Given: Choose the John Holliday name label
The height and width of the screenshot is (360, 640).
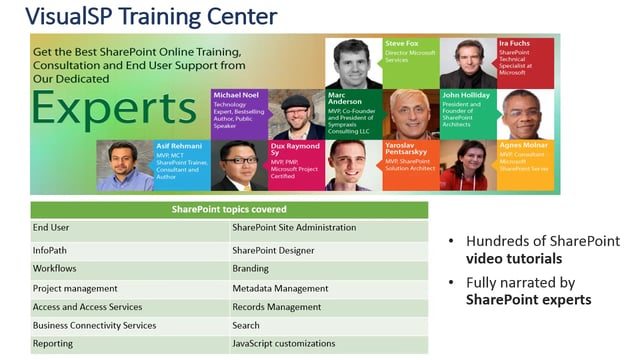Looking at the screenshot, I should click(464, 95).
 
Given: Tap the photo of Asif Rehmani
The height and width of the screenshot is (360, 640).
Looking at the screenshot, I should click(125, 165).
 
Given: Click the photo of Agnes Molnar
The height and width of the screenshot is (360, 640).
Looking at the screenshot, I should click(470, 165).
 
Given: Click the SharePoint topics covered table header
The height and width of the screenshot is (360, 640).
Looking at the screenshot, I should click(229, 210).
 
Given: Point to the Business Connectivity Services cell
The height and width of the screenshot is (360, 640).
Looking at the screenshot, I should click(94, 325).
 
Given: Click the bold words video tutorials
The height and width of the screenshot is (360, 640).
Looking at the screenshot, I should click(511, 259).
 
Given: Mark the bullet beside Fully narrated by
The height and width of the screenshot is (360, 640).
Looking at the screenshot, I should click(454, 281).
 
